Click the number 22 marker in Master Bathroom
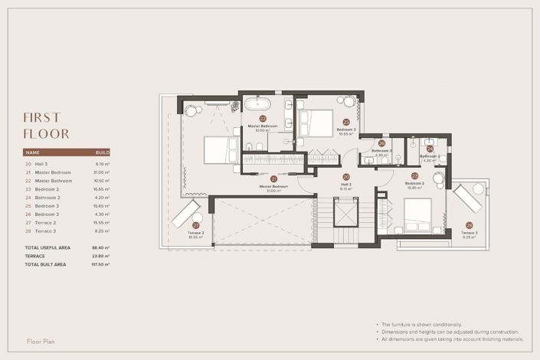(x=262, y=119)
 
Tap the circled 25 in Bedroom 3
(x=346, y=122)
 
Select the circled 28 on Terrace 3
(x=469, y=225)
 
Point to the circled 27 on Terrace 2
(x=195, y=225)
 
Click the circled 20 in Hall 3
(x=346, y=176)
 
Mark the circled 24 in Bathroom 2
(x=430, y=149)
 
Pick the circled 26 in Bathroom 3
(x=381, y=143)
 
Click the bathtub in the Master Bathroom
(x=258, y=103)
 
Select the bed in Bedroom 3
(x=316, y=123)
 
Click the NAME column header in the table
(x=32, y=152)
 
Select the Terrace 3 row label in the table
(x=46, y=231)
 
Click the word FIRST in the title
(x=42, y=117)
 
